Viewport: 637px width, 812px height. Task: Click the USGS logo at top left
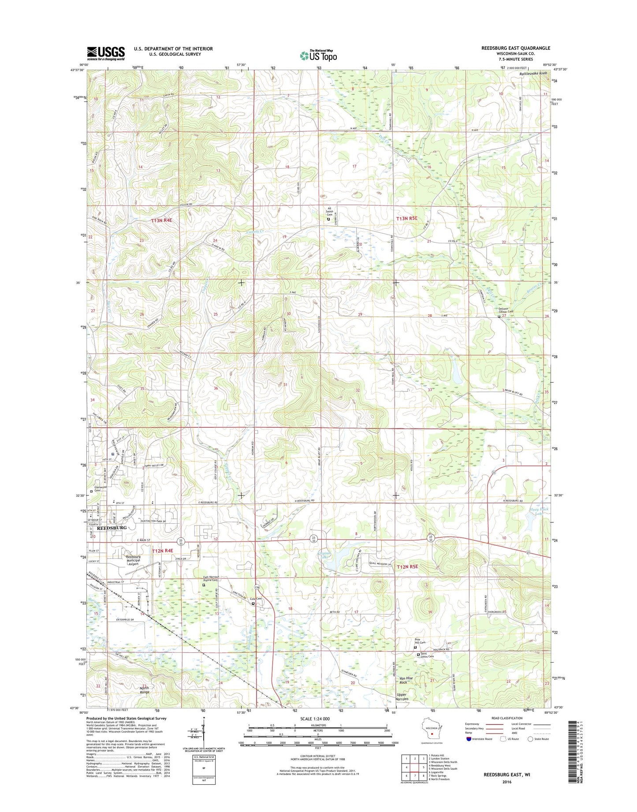coord(106,53)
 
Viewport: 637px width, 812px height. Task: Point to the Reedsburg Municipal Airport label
coord(133,560)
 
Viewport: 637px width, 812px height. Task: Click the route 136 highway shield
coord(256,588)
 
